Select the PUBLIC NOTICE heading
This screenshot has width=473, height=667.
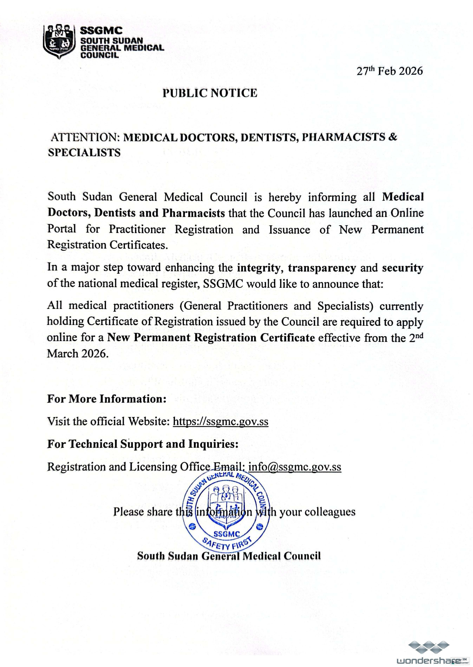(210, 93)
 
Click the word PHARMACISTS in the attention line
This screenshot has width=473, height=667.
(343, 137)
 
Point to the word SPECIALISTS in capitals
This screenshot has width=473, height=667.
(84, 153)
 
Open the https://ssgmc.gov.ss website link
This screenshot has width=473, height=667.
(220, 421)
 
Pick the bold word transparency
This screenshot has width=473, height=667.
(322, 268)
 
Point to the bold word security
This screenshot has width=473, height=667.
(403, 268)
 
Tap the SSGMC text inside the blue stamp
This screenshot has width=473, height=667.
(227, 534)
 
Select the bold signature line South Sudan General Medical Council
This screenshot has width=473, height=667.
(229, 556)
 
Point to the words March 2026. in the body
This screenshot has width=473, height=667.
(78, 354)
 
